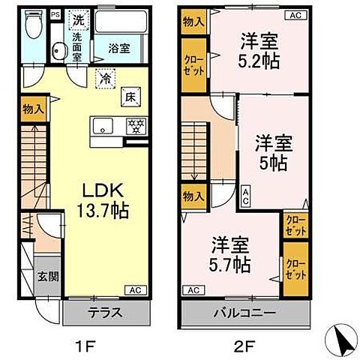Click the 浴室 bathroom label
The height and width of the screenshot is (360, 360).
(x=118, y=48)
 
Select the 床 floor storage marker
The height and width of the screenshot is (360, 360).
(x=129, y=96)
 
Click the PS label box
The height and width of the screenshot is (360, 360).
(x=55, y=14)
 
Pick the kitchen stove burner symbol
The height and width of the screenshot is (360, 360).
(x=135, y=126)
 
